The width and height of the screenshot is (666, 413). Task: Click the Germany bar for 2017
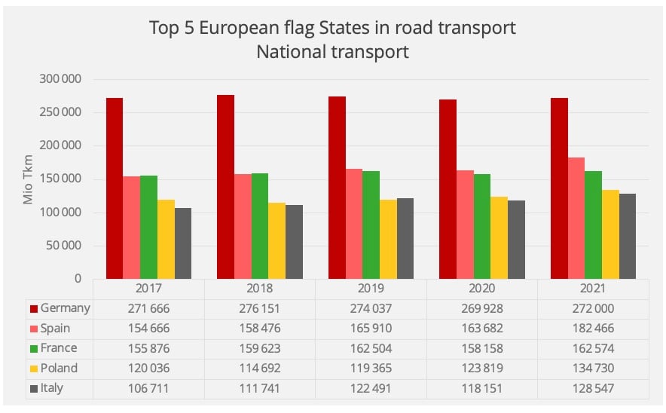point(115,188)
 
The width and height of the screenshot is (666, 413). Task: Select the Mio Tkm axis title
point(28,179)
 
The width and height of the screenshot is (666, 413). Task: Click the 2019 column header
point(371,288)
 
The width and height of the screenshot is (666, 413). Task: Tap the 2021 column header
point(593,288)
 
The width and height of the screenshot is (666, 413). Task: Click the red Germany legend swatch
point(33,308)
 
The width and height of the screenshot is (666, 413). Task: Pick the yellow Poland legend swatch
point(33,369)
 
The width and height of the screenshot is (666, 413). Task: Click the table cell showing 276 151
point(260,308)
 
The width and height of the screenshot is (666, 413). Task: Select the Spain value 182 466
point(593,329)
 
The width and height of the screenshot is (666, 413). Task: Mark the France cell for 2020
point(482,349)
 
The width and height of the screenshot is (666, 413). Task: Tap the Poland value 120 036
point(148,369)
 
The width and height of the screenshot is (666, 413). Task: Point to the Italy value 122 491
point(371,389)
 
